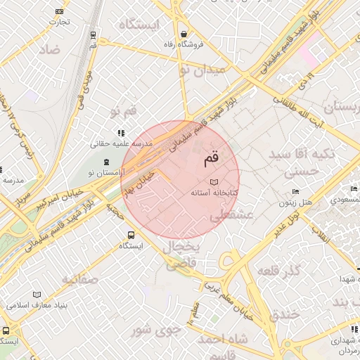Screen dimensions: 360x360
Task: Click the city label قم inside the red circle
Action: pos(211,160)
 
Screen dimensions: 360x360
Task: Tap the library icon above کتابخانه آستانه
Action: pos(214,183)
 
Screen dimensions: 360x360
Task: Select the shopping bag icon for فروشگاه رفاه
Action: pos(184,34)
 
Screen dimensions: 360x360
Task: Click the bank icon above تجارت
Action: pos(58,11)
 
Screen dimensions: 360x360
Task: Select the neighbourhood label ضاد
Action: pos(49,49)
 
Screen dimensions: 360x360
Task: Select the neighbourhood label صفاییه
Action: pos(78,280)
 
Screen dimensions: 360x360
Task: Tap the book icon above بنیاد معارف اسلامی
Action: pos(37,295)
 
